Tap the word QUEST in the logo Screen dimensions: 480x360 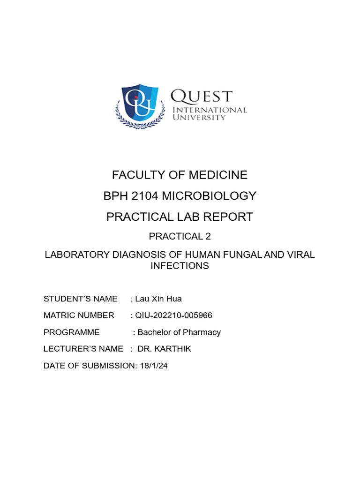[201, 96]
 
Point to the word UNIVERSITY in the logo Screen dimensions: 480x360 [199, 117]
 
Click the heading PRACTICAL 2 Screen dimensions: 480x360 [180, 237]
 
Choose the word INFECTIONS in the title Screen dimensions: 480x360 [180, 266]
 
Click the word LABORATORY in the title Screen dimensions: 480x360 [76, 255]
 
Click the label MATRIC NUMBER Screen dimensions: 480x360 [79, 315]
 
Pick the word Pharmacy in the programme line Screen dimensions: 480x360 [202, 332]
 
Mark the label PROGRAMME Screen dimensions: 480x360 [72, 332]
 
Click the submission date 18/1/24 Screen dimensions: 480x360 [153, 366]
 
